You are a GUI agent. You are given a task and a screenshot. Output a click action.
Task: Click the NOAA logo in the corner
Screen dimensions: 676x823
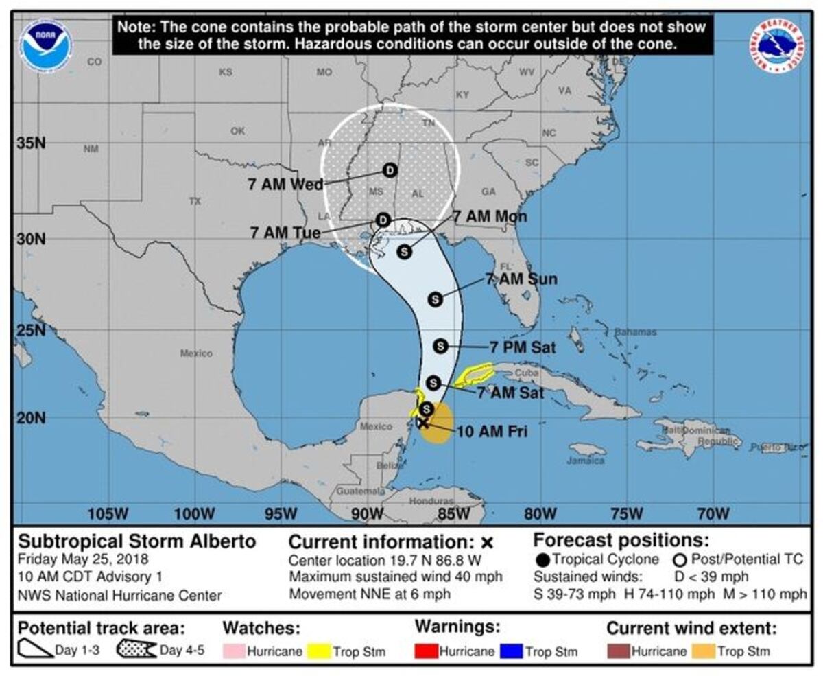click(x=46, y=46)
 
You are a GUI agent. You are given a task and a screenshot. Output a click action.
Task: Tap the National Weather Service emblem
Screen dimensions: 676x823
click(x=778, y=45)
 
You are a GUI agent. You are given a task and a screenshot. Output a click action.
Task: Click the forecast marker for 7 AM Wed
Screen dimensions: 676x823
click(x=390, y=170)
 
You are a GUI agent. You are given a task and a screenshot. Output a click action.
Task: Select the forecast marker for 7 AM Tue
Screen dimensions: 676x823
click(x=383, y=220)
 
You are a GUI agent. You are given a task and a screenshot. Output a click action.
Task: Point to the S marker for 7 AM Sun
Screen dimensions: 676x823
click(x=435, y=299)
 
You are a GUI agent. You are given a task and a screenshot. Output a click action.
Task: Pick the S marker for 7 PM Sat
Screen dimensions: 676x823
click(x=440, y=346)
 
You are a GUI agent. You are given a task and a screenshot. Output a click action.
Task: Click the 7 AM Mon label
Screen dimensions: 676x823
click(x=490, y=217)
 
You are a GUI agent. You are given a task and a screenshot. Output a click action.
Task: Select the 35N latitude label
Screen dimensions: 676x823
click(x=31, y=143)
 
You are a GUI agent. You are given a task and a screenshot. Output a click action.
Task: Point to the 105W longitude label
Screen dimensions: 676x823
click(x=108, y=513)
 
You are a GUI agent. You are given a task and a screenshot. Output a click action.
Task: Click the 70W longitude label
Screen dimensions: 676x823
click(x=713, y=513)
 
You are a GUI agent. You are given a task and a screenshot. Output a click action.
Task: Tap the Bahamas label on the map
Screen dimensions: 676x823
click(x=634, y=332)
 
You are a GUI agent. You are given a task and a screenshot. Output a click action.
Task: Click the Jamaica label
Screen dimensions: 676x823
click(x=586, y=461)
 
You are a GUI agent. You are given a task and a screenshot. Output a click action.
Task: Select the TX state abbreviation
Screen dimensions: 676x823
click(x=195, y=201)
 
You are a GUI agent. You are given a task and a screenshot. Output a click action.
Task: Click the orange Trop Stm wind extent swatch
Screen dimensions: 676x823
click(x=704, y=651)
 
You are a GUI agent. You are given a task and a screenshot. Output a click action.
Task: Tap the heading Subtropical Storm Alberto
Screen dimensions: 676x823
click(x=136, y=541)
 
